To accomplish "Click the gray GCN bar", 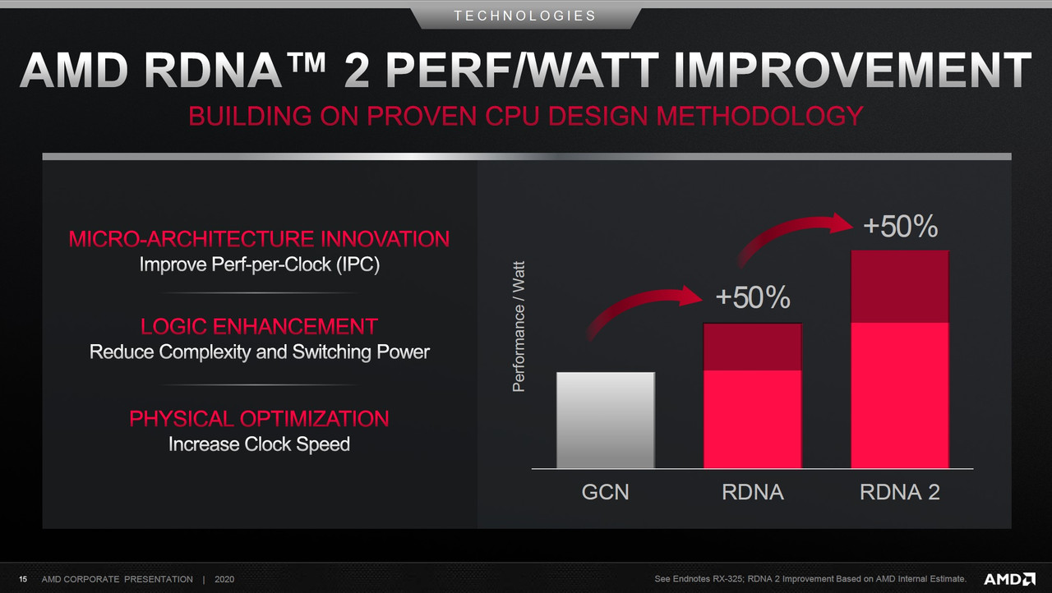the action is [x=606, y=420].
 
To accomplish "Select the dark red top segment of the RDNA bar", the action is [x=752, y=347].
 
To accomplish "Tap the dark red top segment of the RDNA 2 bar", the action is [x=900, y=287].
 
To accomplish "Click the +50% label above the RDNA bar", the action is [x=753, y=297].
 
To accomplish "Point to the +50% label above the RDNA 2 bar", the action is [x=900, y=226].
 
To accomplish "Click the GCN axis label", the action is [x=606, y=492].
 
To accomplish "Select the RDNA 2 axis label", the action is [x=900, y=492].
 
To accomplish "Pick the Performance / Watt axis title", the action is [x=519, y=327].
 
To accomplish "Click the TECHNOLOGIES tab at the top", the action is [x=525, y=16].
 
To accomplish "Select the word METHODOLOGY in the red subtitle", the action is [x=759, y=116].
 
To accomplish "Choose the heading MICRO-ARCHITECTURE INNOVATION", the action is [x=259, y=239].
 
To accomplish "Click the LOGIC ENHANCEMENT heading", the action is [x=259, y=327].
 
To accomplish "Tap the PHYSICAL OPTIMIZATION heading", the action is [x=259, y=419].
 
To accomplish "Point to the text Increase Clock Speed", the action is [x=259, y=444].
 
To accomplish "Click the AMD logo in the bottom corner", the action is [x=1009, y=579].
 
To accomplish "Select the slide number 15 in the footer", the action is [x=23, y=579].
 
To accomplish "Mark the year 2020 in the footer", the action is [x=224, y=579].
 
